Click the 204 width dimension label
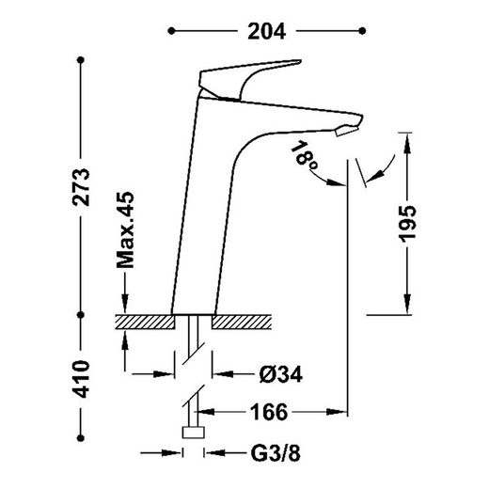click(267, 31)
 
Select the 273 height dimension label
click(81, 187)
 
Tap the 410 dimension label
click(81, 379)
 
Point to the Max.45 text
click(125, 230)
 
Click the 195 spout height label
click(407, 224)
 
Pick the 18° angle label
click(304, 156)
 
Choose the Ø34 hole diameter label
click(281, 374)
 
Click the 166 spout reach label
click(269, 412)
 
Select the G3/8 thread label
click(276, 453)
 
